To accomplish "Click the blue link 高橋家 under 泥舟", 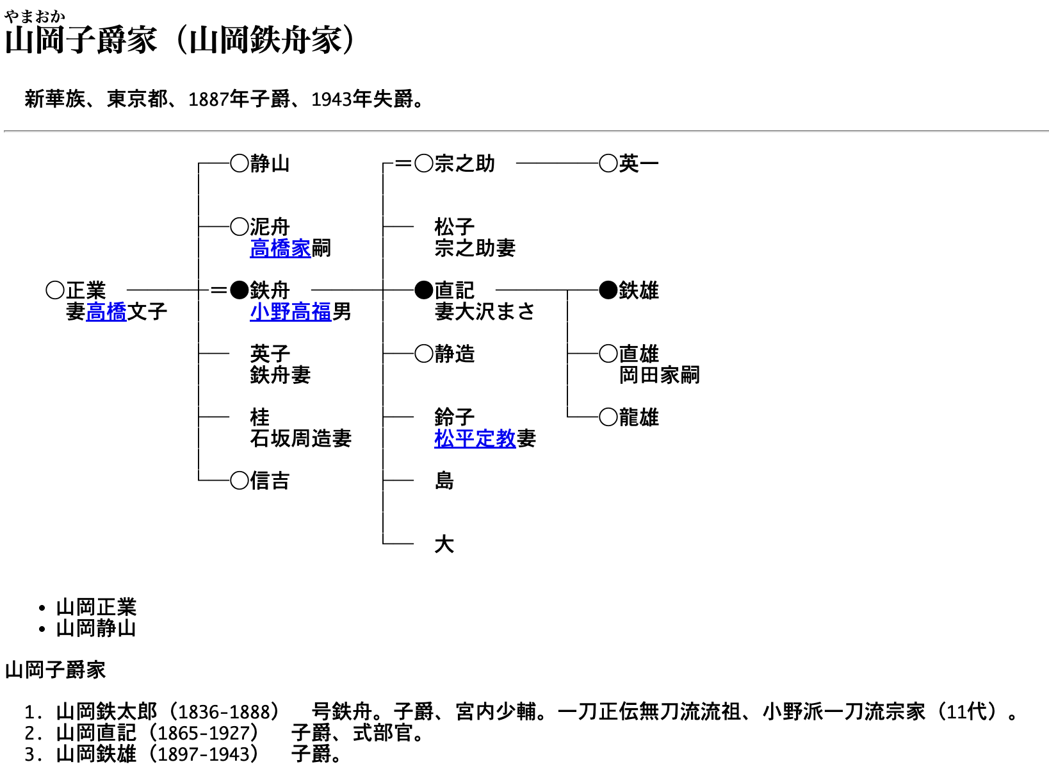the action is tap(280, 249).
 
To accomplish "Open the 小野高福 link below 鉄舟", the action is tap(290, 312).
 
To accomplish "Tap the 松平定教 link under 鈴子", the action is tap(475, 439).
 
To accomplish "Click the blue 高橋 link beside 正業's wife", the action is tap(106, 312).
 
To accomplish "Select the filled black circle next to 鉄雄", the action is tap(608, 290).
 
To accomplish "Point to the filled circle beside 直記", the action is tap(424, 290).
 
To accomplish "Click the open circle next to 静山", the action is tap(240, 163).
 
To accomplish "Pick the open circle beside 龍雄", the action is tap(608, 417).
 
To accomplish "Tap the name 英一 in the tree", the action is tap(639, 164).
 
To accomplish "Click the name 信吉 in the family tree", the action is tap(270, 481).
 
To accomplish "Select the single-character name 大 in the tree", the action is tap(444, 544).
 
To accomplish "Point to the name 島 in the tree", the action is tap(444, 481).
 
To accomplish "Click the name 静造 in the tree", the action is tap(455, 354).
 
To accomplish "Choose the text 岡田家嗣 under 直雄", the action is tap(659, 376).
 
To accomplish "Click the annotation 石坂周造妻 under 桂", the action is tap(301, 439).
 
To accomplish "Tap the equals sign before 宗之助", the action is tap(403, 163).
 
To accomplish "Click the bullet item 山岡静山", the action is tap(96, 629).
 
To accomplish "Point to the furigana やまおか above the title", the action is tap(35, 17).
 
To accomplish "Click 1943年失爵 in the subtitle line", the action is tap(362, 99).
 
